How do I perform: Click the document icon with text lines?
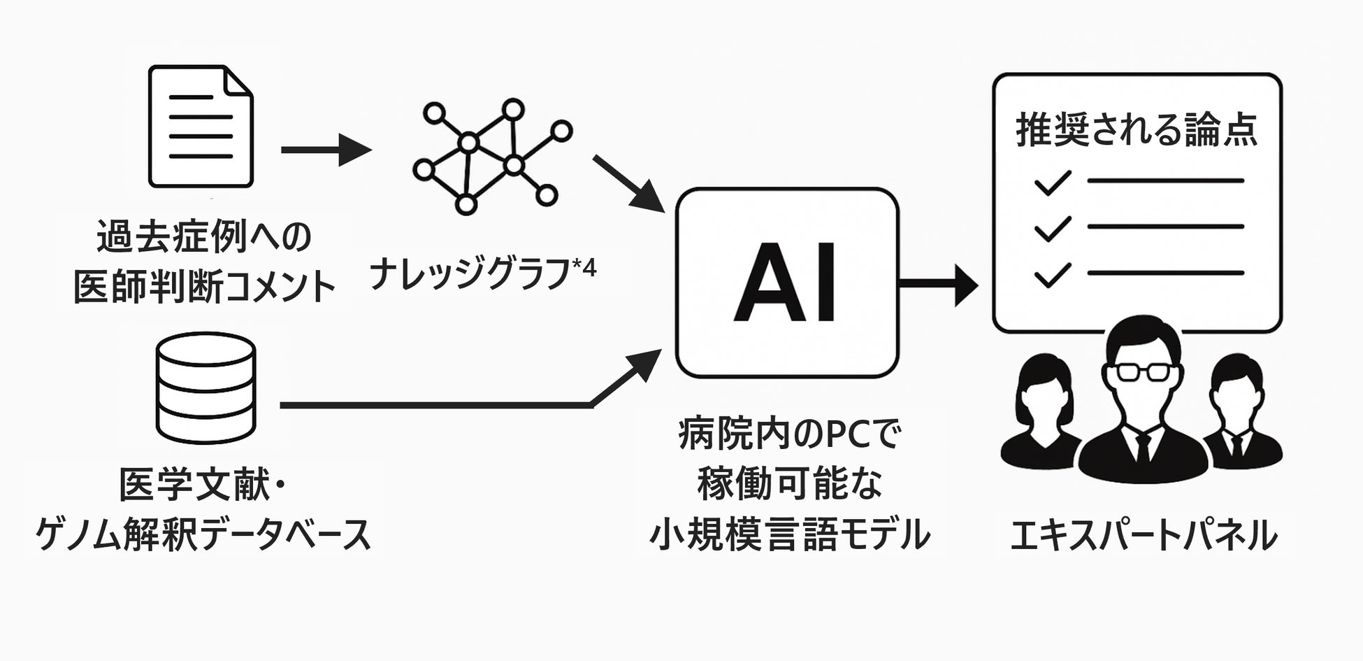[x=201, y=127]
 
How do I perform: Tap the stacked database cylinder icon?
[x=205, y=388]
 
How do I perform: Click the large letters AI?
[x=786, y=283]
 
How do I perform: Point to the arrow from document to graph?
[x=325, y=150]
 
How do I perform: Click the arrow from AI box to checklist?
[x=937, y=283]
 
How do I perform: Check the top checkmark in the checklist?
[x=1053, y=183]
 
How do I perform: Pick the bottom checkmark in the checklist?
[x=1053, y=275]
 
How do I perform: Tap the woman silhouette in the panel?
[x=1040, y=413]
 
